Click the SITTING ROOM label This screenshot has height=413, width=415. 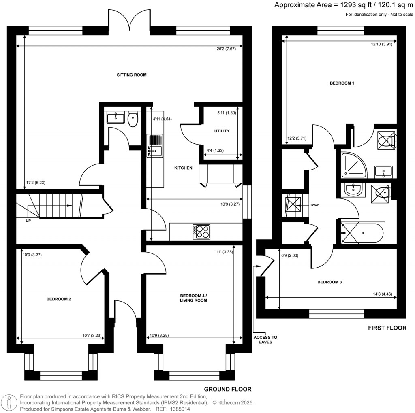[x=131, y=75]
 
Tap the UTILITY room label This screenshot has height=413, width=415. [x=222, y=131]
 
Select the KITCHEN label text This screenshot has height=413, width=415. [x=183, y=168]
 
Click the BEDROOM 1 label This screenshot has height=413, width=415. [x=342, y=83]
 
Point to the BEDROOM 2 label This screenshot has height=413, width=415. [x=59, y=300]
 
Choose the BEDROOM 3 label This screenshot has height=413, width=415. [x=329, y=282]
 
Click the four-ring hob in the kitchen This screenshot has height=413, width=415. [x=201, y=231]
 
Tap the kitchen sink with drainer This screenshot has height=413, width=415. [x=155, y=146]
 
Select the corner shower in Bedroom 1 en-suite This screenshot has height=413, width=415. [x=353, y=165]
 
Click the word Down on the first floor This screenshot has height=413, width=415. [x=314, y=205]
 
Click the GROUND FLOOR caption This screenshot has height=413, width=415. [x=227, y=389]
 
